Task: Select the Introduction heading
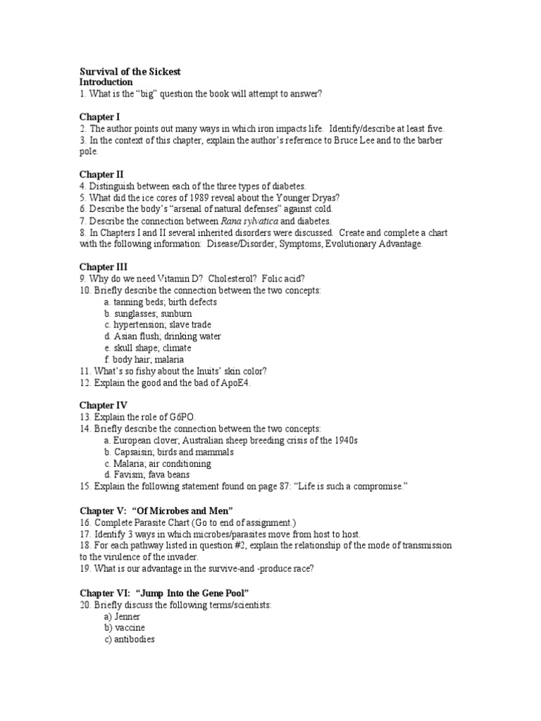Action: (106, 82)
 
